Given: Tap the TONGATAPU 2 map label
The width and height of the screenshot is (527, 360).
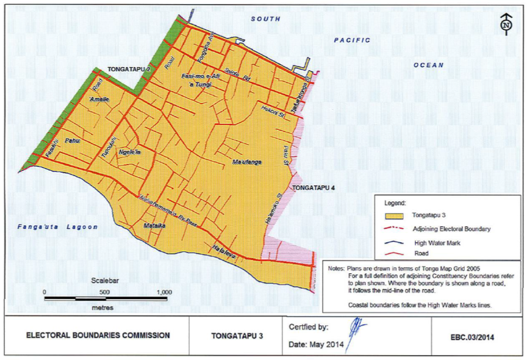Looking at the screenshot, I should pyautogui.click(x=129, y=70).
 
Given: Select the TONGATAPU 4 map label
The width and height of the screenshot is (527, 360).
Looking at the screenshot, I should pyautogui.click(x=314, y=188).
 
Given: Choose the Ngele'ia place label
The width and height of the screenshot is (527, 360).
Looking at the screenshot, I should pyautogui.click(x=130, y=152).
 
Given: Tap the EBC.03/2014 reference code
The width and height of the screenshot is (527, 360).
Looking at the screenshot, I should pyautogui.click(x=471, y=336).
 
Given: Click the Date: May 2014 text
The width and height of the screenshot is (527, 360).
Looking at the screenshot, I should pyautogui.click(x=316, y=345).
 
